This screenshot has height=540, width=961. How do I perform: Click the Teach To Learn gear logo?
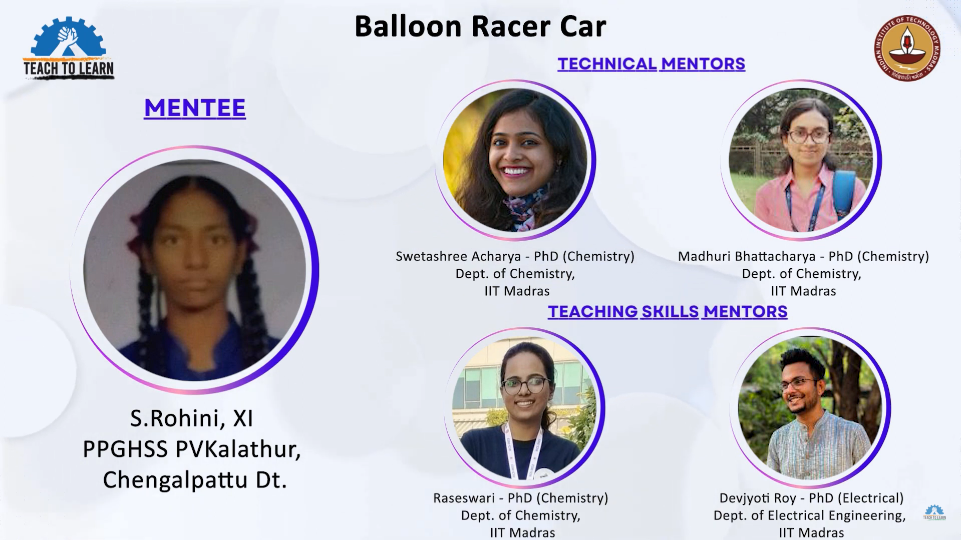[x=69, y=48]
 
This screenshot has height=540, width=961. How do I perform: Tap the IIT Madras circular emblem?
[x=907, y=48]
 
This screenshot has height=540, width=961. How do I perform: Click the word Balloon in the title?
[x=408, y=27]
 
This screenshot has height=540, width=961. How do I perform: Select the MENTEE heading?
[x=195, y=108]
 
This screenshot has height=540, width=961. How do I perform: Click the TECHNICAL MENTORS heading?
[x=652, y=64]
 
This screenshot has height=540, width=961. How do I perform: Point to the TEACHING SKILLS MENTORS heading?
[x=668, y=312]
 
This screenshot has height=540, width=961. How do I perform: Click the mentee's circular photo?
[x=195, y=270]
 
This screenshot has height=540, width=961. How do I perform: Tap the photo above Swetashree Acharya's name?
[x=515, y=160]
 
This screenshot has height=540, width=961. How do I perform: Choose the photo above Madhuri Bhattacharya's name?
[x=801, y=160]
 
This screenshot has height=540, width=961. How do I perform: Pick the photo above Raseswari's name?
[x=524, y=407]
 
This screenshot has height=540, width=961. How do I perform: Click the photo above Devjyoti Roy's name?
[x=810, y=407]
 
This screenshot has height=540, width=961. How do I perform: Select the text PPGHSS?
[x=125, y=449]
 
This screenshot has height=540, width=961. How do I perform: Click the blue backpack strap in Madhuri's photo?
[x=843, y=191]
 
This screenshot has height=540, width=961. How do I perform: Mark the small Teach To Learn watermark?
[x=934, y=512]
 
